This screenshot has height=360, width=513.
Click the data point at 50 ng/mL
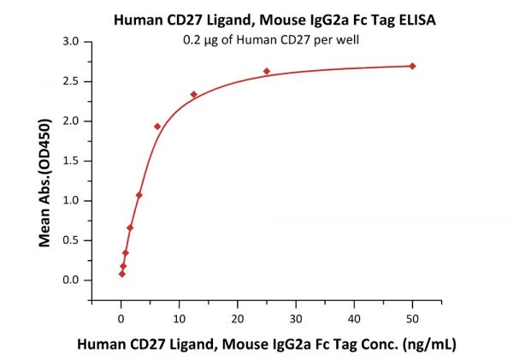[x=412, y=66]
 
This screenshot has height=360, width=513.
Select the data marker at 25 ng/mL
[x=267, y=71]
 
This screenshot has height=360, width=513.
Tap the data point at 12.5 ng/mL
[x=194, y=94]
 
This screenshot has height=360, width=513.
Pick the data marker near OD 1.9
[x=157, y=127]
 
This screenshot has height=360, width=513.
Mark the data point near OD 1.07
[x=139, y=195]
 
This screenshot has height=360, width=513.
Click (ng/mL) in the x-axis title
[x=427, y=345]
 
